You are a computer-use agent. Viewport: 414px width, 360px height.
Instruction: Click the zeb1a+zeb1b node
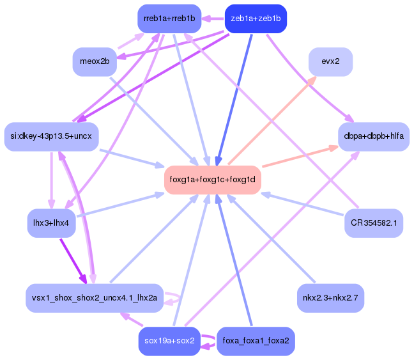tap(256, 19)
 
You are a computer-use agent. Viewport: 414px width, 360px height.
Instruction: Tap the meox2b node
tap(95, 61)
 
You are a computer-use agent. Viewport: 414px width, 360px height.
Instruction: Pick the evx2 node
tap(330, 61)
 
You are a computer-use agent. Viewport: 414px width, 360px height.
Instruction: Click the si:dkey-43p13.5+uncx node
tap(51, 136)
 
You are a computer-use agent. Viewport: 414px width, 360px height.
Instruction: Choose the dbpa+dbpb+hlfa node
tap(373, 136)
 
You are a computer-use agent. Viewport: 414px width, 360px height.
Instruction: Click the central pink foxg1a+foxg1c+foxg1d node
tap(212, 180)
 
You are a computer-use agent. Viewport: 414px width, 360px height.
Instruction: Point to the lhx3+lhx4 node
tap(51, 223)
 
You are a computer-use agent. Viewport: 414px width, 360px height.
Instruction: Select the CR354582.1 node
tap(373, 223)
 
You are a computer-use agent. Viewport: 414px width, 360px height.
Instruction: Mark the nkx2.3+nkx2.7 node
tap(330, 298)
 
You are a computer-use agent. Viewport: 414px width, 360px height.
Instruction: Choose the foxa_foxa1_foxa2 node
tap(256, 341)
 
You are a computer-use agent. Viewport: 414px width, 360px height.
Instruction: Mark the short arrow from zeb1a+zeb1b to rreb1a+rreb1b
tap(213, 19)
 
